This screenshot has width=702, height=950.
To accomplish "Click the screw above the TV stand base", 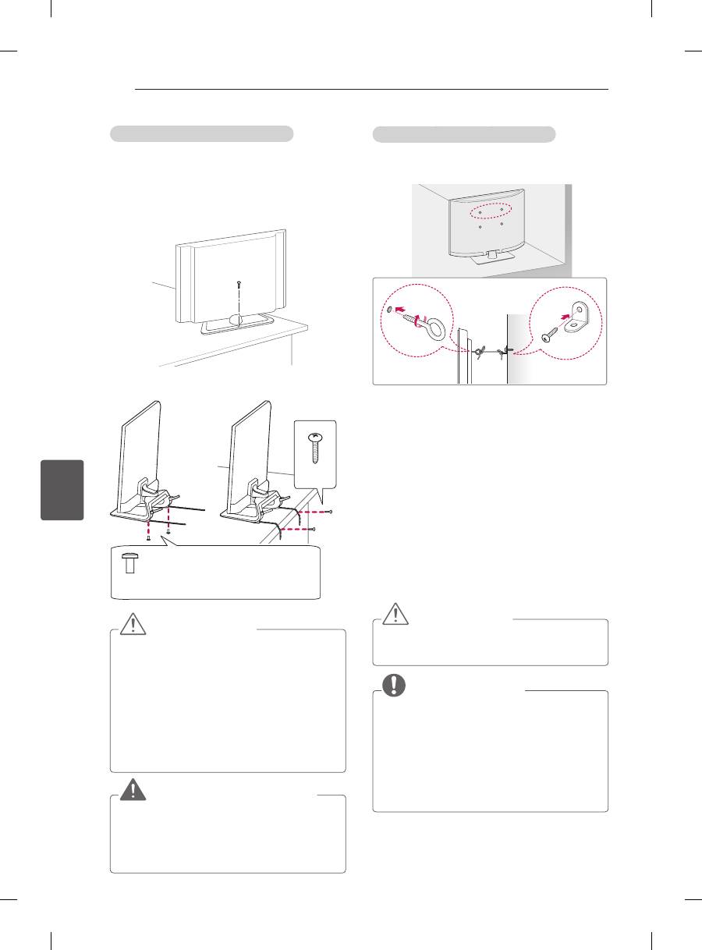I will pyautogui.click(x=237, y=286).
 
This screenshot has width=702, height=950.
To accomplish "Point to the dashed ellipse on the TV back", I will pyautogui.click(x=491, y=212).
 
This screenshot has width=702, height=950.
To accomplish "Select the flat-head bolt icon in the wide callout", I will pyautogui.click(x=131, y=562).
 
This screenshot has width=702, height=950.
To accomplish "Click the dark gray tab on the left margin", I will pyautogui.click(x=64, y=491).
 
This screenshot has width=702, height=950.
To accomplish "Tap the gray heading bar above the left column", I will pyautogui.click(x=201, y=133).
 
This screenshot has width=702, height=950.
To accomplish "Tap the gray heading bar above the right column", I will pyautogui.click(x=464, y=134).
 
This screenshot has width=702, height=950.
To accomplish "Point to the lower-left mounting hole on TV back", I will pyautogui.click(x=480, y=226).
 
